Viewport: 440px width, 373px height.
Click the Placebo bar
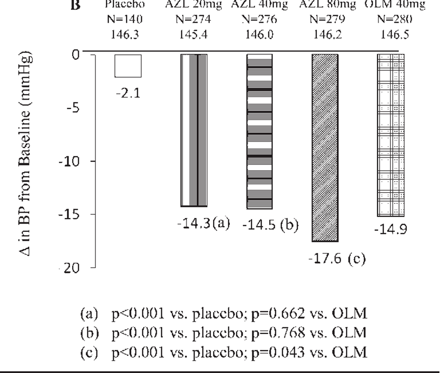coord(128,66)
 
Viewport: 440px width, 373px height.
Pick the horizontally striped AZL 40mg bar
coord(259,131)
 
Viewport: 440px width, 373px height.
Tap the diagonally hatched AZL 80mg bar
coord(324,148)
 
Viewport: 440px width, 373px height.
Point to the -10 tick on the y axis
coord(74,161)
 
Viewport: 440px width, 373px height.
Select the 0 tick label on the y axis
coord(76,54)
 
